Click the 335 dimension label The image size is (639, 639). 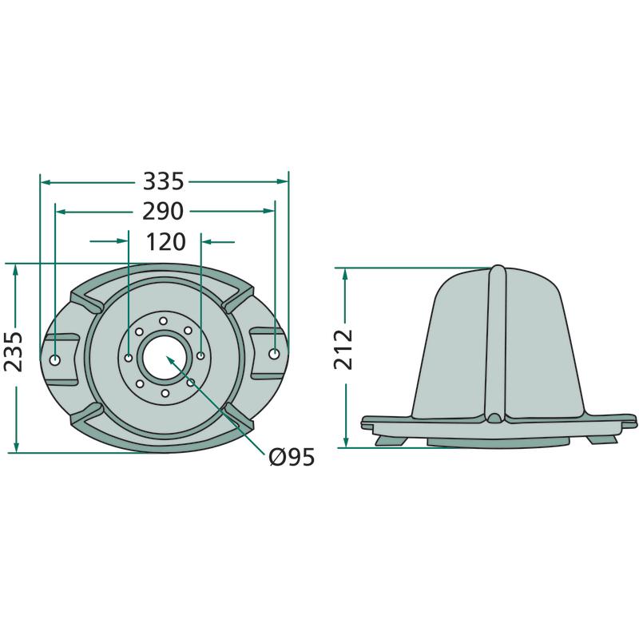(x=163, y=182)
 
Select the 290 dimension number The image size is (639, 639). (x=163, y=211)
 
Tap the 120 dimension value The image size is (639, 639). (x=165, y=242)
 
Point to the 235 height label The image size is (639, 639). (x=14, y=351)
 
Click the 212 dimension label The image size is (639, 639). (x=343, y=349)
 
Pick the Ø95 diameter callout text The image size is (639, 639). (x=292, y=457)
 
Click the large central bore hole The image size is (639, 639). (x=165, y=358)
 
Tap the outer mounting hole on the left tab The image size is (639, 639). (x=54, y=360)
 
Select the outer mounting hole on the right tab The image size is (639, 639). (x=274, y=354)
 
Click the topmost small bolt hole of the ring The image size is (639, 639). (x=163, y=320)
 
